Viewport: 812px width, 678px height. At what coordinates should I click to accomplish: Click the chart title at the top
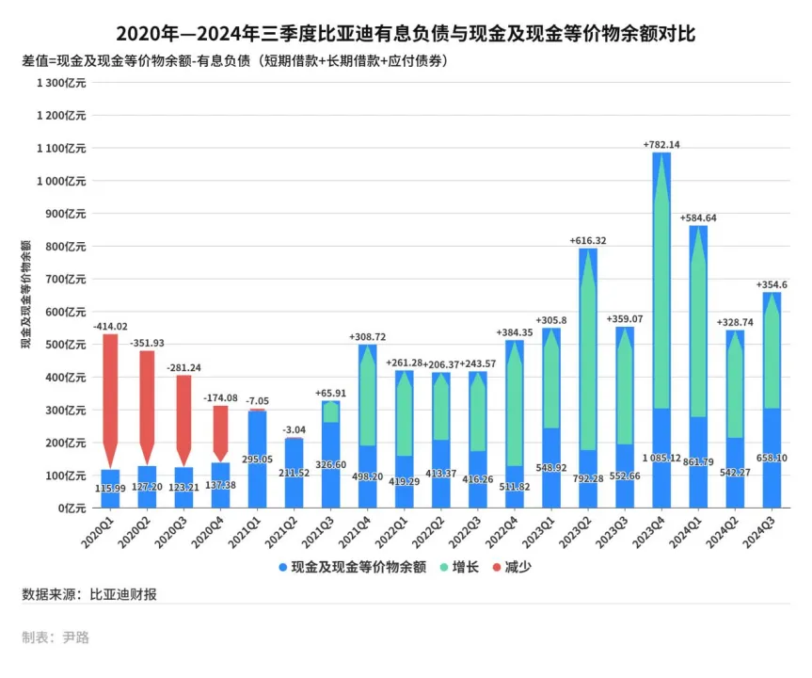406,35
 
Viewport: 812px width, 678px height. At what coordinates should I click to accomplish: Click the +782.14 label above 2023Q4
661,144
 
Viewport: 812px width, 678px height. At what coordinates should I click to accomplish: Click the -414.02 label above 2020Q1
110,326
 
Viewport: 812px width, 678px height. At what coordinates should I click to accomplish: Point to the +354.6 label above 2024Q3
772,284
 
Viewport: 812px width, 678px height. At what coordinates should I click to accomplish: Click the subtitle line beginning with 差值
233,61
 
